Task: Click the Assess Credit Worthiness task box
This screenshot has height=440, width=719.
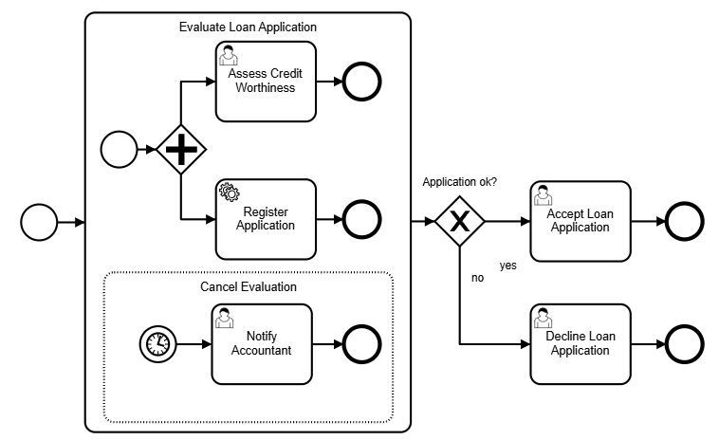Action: [265, 82]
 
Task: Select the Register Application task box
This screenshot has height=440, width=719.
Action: [265, 219]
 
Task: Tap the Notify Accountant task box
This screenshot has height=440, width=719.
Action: [261, 343]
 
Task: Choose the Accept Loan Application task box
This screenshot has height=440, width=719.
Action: [580, 221]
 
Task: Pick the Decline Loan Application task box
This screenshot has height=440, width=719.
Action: [580, 343]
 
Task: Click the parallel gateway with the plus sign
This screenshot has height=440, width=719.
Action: [180, 150]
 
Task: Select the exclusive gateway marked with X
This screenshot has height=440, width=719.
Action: [460, 222]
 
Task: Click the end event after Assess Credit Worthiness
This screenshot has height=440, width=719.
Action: [360, 82]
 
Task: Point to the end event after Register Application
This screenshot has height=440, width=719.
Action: [360, 220]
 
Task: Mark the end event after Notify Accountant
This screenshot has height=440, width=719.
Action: [360, 343]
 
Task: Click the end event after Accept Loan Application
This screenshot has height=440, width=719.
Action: [684, 222]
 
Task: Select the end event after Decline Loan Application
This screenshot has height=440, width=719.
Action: [684, 343]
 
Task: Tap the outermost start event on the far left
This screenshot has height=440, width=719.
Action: [39, 223]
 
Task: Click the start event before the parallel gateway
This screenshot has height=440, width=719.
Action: [119, 150]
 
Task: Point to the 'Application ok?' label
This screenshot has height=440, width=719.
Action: [460, 182]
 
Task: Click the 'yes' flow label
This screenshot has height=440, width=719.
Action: [508, 266]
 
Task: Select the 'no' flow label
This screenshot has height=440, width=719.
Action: [478, 279]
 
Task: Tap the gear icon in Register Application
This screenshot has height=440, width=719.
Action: [229, 192]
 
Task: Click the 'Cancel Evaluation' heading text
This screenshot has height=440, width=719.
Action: [249, 286]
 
